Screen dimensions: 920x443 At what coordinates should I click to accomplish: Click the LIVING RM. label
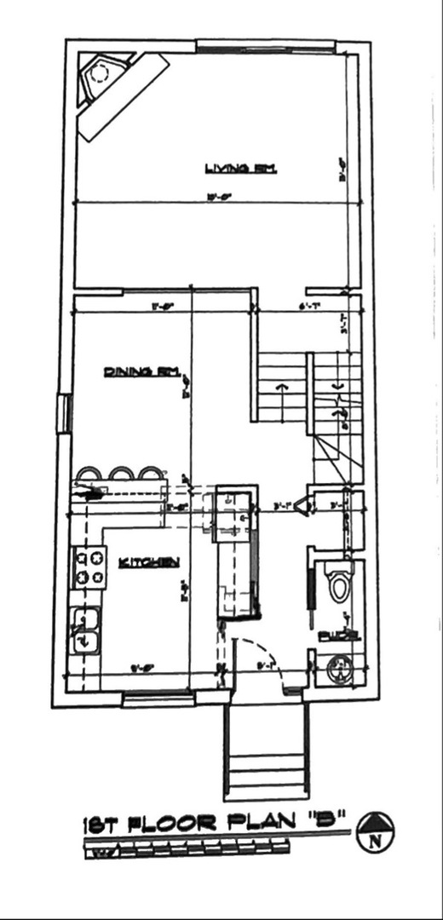coord(241,169)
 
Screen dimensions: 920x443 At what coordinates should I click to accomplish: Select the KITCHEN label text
coord(149,561)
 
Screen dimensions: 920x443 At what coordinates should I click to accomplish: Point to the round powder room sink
coord(338,669)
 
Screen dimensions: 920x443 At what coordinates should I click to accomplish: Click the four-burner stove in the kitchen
coord(93,567)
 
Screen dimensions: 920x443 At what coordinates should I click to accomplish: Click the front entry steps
coord(266,758)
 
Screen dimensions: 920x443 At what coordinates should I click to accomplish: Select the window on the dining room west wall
coord(62,413)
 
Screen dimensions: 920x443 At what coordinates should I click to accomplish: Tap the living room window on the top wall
coord(273,46)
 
